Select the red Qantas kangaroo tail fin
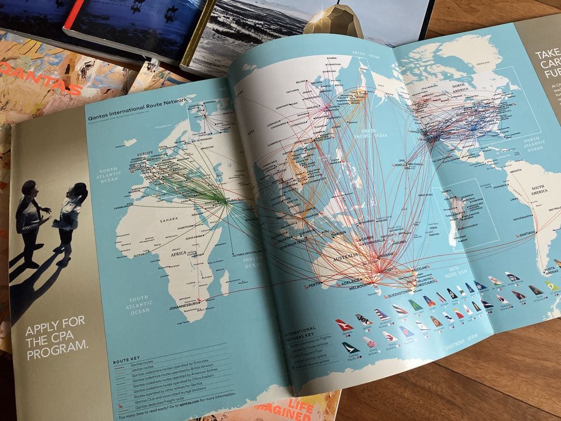pyautogui.click(x=344, y=325)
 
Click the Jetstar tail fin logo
pyautogui.click(x=364, y=319)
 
